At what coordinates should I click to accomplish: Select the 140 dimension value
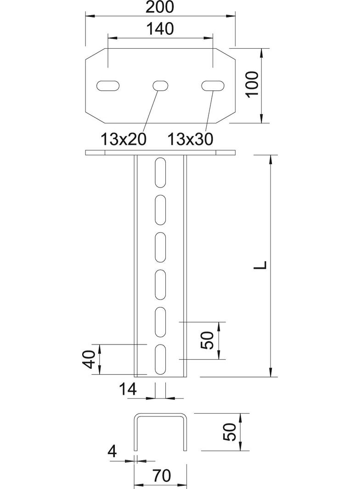point(160,29)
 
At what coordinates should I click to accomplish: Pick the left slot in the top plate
point(108,85)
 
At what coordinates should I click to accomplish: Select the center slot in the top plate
point(160,85)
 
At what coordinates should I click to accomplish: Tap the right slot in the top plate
point(213,85)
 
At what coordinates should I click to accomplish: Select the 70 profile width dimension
point(160,477)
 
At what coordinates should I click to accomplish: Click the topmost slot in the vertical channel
point(160,172)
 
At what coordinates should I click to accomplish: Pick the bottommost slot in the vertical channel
point(160,359)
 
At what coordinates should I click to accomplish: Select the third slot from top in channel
point(160,247)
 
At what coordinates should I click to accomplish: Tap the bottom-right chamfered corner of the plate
point(228,117)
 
